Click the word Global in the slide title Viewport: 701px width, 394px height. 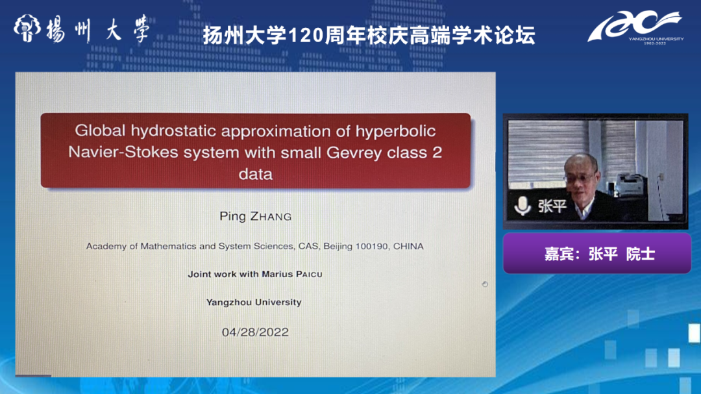click(100, 130)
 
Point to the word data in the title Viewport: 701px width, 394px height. click(255, 173)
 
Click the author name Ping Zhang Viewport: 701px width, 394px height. click(255, 216)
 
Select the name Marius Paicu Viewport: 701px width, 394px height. click(292, 274)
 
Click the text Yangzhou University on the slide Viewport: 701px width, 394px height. click(254, 302)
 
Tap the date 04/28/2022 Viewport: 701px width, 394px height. click(255, 332)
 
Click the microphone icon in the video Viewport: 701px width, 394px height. click(522, 206)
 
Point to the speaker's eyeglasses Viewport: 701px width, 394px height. click(580, 178)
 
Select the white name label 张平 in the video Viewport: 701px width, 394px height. click(552, 206)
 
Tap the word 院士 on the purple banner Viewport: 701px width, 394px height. click(640, 254)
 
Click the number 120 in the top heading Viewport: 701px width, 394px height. click(306, 35)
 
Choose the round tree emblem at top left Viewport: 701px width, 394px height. click(27, 28)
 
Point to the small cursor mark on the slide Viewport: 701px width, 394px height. click(485, 284)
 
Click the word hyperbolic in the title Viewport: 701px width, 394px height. click(396, 131)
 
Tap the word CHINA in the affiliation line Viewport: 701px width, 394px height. click(408, 246)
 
